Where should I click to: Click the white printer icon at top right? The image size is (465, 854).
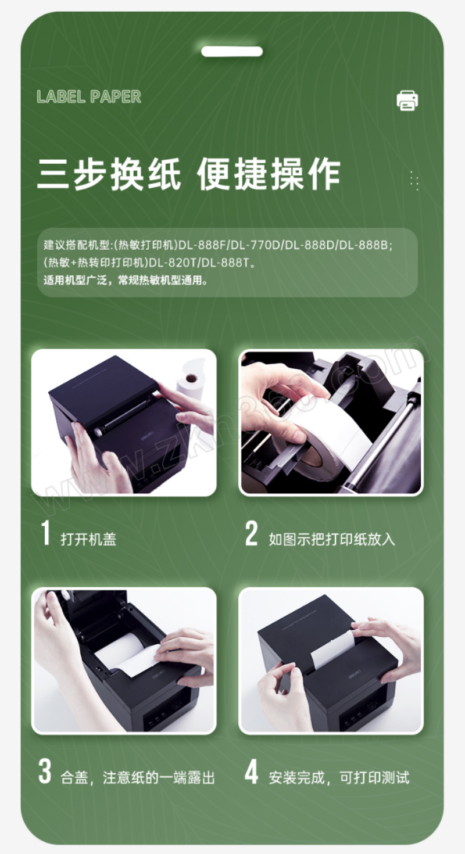click(x=407, y=101)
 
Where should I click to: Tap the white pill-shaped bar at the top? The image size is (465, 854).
click(x=232, y=51)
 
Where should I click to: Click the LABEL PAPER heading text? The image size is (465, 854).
click(x=89, y=97)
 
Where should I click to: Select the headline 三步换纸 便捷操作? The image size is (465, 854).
click(x=189, y=174)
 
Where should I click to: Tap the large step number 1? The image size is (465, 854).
click(x=45, y=533)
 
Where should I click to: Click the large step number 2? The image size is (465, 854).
click(x=251, y=533)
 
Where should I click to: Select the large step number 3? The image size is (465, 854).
click(x=45, y=771)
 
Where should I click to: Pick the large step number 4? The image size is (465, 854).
click(x=251, y=771)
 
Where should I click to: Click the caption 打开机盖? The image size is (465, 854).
click(x=88, y=539)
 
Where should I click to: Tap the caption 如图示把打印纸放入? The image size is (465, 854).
click(x=332, y=539)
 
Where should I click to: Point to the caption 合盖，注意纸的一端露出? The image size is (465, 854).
click(x=138, y=777)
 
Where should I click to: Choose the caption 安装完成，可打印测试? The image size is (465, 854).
click(x=339, y=777)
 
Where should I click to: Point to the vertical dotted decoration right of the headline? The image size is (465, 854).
click(x=414, y=181)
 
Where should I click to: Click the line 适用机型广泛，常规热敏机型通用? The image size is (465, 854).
click(x=126, y=281)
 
